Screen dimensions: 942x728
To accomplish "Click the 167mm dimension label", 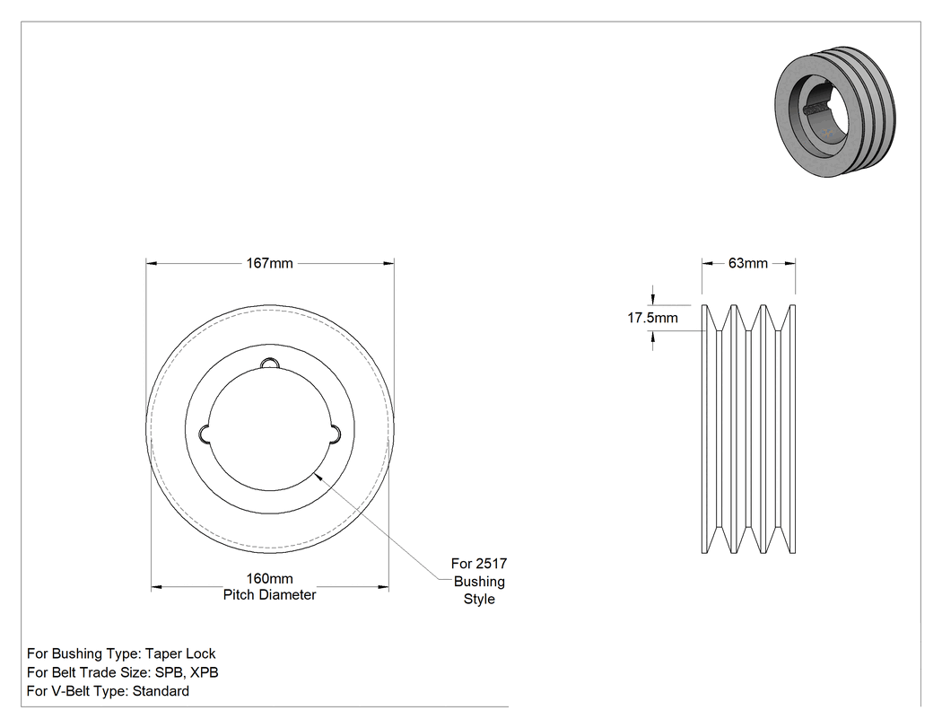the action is (x=270, y=263).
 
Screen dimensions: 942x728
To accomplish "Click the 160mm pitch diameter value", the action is (x=270, y=578).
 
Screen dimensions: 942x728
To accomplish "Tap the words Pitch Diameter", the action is (x=270, y=594).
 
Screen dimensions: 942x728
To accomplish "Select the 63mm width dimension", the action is (x=748, y=263).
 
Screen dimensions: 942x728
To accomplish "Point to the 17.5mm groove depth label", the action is (x=653, y=318).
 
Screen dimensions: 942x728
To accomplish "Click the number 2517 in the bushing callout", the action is (x=492, y=564).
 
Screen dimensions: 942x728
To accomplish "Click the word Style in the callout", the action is (x=479, y=600).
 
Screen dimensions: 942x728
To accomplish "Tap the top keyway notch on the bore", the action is (x=270, y=364).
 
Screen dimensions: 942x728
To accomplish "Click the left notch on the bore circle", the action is (x=205, y=434).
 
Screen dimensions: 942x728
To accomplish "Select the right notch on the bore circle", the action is (x=335, y=434).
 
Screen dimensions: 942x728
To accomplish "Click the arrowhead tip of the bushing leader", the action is (x=314, y=473).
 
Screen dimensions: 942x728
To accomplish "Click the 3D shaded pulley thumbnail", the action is (x=834, y=111).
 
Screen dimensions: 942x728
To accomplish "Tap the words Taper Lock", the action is (x=180, y=653).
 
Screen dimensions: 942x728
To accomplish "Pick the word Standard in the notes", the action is (x=161, y=691).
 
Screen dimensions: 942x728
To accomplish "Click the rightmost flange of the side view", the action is (x=792, y=429).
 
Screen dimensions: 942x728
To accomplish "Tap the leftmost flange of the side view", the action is (x=705, y=429).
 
